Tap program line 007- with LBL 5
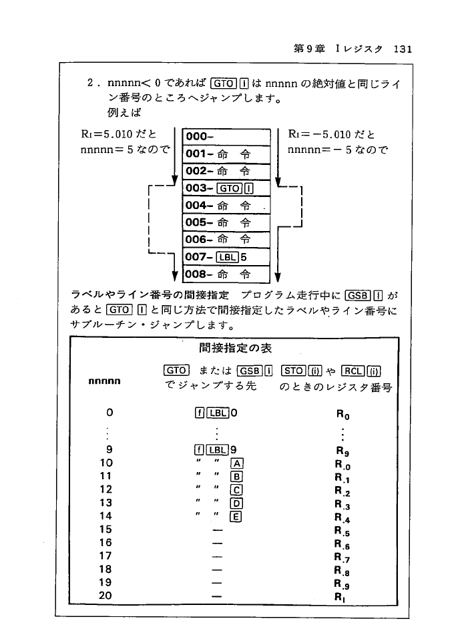pyautogui.click(x=225, y=256)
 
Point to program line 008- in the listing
pyautogui.click(x=225, y=274)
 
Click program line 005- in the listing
pyautogui.click(x=225, y=222)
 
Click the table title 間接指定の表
pyautogui.click(x=236, y=348)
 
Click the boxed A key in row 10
pyautogui.click(x=236, y=462)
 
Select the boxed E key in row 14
pyautogui.click(x=236, y=515)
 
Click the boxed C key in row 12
pyautogui.click(x=236, y=489)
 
